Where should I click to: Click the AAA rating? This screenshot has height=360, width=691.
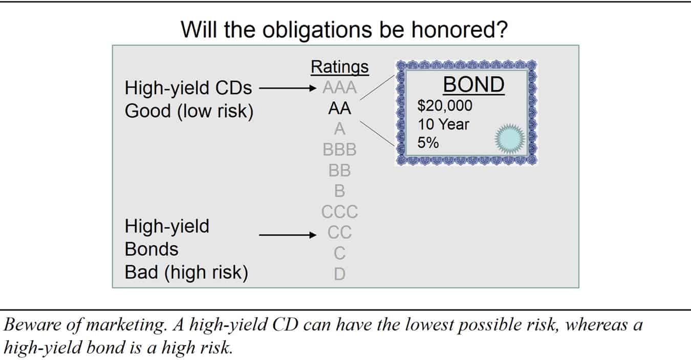[x=339, y=89]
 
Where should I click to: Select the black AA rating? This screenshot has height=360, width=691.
[x=339, y=109]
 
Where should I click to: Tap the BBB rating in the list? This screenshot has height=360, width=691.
[x=339, y=150]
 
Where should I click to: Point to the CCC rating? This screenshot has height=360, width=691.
[x=339, y=211]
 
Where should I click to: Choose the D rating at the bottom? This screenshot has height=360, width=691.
[x=339, y=274]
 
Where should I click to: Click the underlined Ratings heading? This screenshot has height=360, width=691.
[x=339, y=67]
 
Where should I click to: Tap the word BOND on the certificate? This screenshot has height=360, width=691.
[x=473, y=84]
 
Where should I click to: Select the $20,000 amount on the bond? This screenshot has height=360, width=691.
[x=445, y=106]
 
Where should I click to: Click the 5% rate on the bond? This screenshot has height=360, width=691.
[x=428, y=143]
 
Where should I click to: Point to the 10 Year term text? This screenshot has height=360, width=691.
[x=443, y=124]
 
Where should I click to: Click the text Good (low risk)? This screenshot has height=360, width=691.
[x=189, y=111]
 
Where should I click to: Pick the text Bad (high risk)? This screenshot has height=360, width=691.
[x=186, y=272]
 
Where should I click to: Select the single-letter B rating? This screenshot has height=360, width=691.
[x=339, y=191]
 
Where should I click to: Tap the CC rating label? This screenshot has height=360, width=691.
[x=339, y=232]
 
